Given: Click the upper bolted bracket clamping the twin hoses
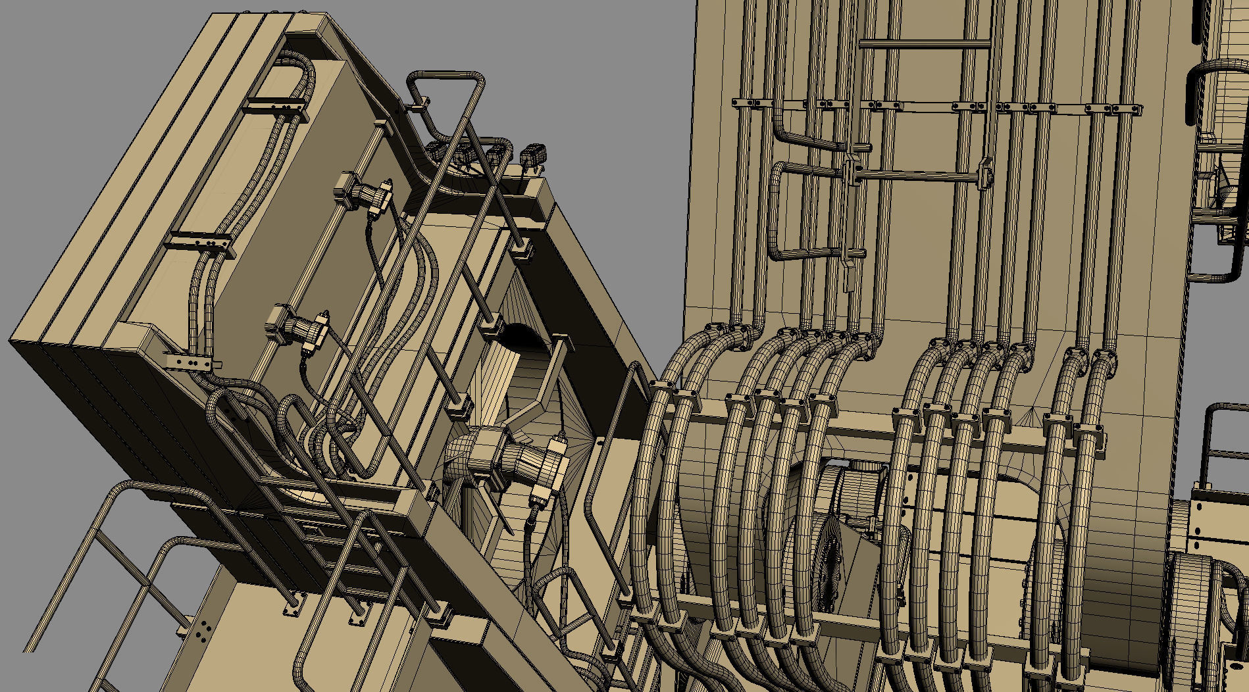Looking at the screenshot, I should [276, 109].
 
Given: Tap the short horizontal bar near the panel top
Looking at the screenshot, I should [924, 44].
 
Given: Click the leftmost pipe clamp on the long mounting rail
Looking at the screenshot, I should [744, 103].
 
